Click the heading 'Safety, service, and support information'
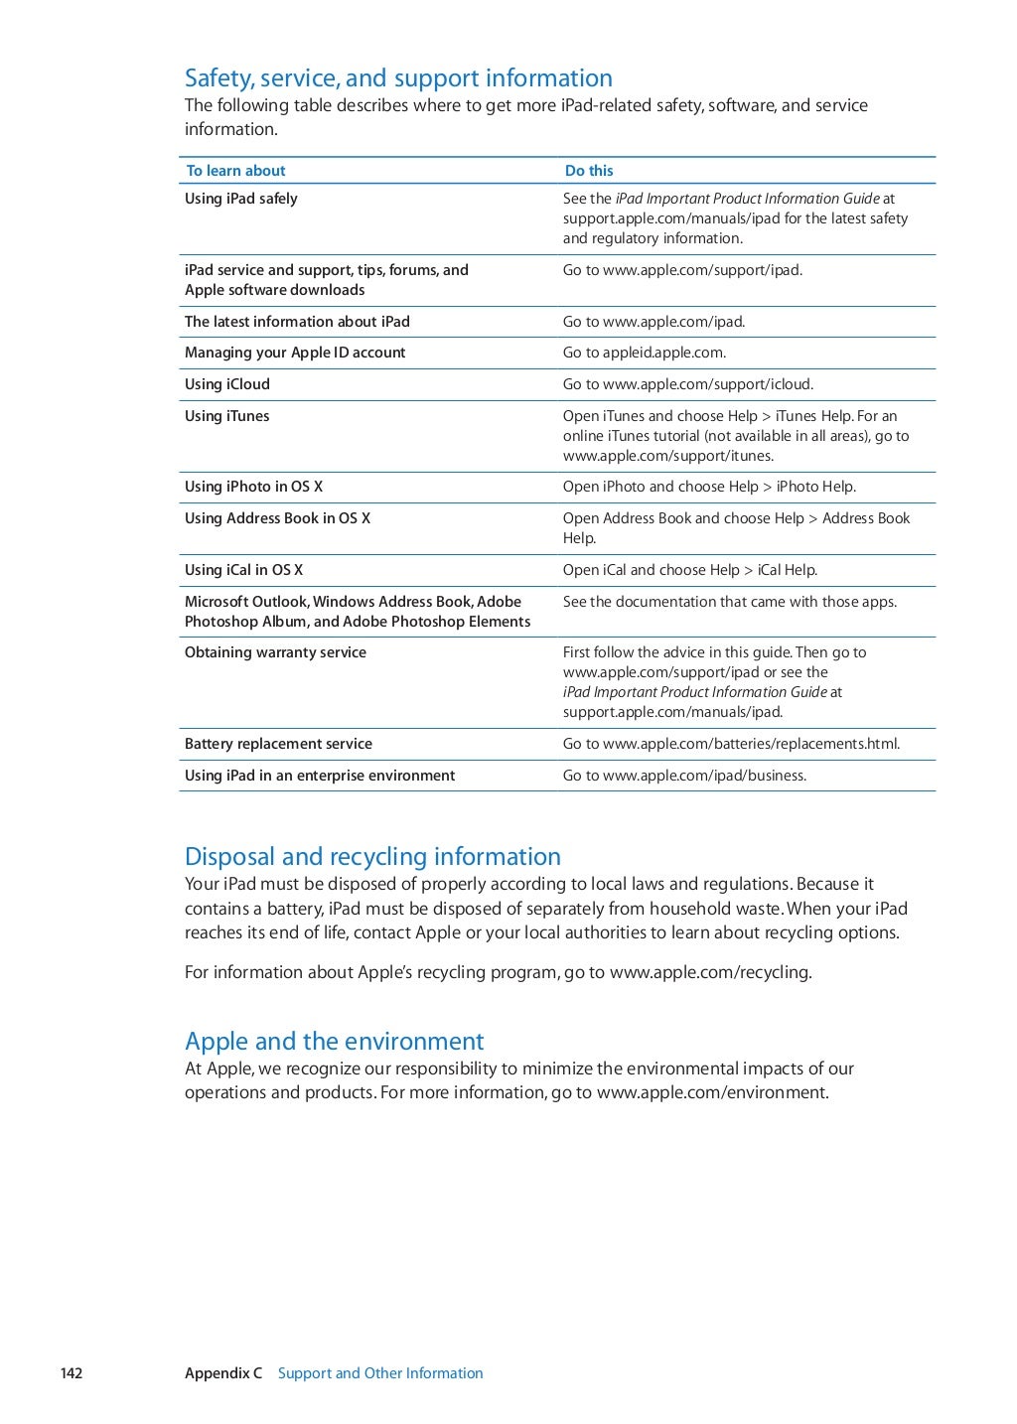[x=398, y=78]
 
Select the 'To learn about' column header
[x=235, y=171]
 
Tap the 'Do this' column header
[x=589, y=171]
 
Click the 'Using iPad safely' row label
[x=241, y=199]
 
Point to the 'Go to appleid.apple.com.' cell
[x=644, y=353]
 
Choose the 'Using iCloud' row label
[x=227, y=384]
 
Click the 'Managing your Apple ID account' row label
[x=295, y=353]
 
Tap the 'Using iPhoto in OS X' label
[x=253, y=487]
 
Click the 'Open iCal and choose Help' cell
[x=689, y=570]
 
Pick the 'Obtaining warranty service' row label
[x=275, y=652]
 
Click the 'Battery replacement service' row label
[x=278, y=744]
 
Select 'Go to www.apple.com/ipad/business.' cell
[x=684, y=776]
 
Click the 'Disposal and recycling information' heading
[x=372, y=857]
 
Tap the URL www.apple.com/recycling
[x=710, y=972]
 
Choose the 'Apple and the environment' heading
[x=334, y=1042]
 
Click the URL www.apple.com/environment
[x=712, y=1092]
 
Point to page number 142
[x=72, y=1373]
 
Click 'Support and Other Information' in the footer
[x=380, y=1373]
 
